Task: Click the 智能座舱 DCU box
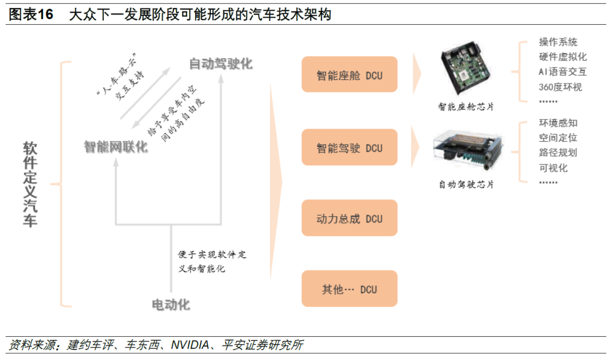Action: click(350, 75)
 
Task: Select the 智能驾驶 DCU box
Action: click(350, 148)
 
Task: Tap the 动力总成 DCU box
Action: click(350, 218)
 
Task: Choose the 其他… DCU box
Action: click(350, 289)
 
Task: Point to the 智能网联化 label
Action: click(116, 147)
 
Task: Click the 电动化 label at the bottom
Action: click(171, 305)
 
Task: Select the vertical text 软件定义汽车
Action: click(30, 184)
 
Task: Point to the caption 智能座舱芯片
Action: click(466, 107)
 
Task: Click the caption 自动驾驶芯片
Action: click(466, 184)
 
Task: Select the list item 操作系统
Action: click(558, 42)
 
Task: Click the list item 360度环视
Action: click(560, 87)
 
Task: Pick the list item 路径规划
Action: click(558, 152)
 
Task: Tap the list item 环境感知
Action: click(558, 123)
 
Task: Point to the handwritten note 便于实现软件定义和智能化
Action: click(212, 261)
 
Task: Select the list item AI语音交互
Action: click(562, 72)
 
